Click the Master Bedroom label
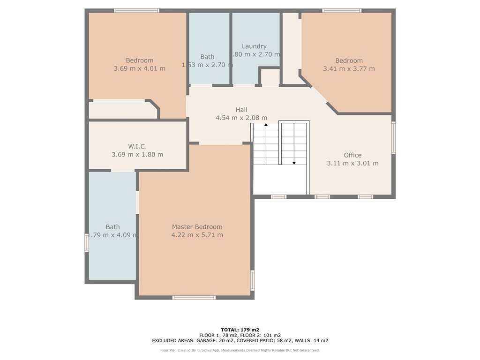pyautogui.click(x=197, y=227)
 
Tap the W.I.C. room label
pyautogui.click(x=137, y=147)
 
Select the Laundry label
pyautogui.click(x=254, y=46)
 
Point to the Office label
pyautogui.click(x=352, y=155)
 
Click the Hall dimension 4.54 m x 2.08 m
pyautogui.click(x=241, y=118)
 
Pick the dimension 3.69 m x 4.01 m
pyautogui.click(x=139, y=68)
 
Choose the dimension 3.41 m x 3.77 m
pyautogui.click(x=349, y=68)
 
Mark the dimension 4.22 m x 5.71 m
pyautogui.click(x=197, y=235)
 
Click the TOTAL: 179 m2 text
pyautogui.click(x=240, y=330)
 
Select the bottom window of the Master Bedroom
pyautogui.click(x=194, y=297)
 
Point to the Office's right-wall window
pyautogui.click(x=393, y=138)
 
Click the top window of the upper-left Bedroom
pyautogui.click(x=136, y=10)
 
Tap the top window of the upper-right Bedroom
pyautogui.click(x=342, y=10)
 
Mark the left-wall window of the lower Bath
pyautogui.click(x=87, y=243)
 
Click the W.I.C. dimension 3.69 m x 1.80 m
pyautogui.click(x=137, y=155)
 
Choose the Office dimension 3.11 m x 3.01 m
pyautogui.click(x=352, y=163)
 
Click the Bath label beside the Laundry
pyautogui.click(x=207, y=57)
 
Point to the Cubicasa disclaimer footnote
pyautogui.click(x=240, y=350)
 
